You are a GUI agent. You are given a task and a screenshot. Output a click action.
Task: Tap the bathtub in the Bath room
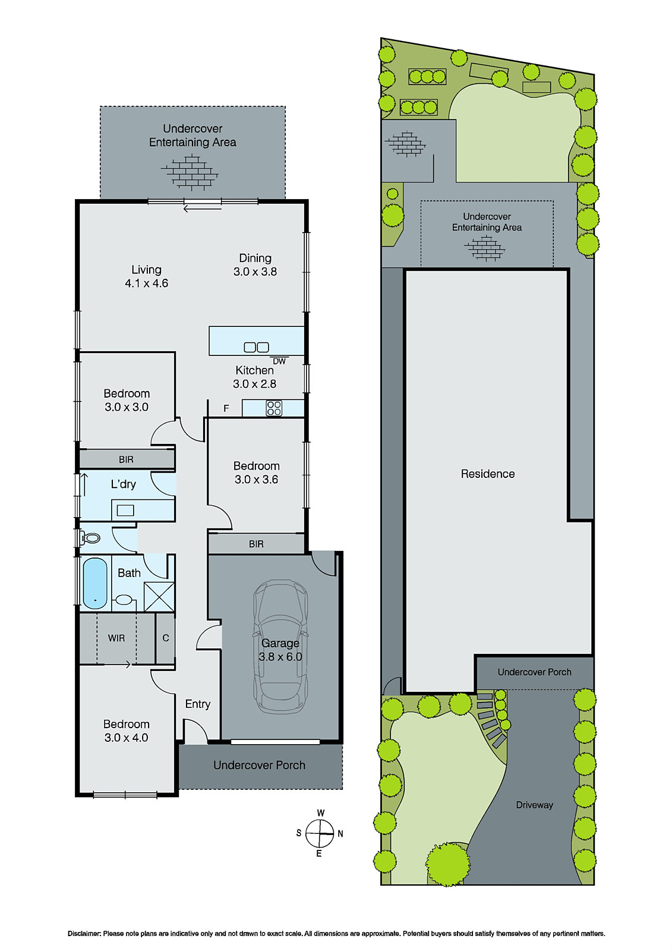click(x=95, y=583)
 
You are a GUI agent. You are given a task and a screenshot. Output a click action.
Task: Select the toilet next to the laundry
click(x=91, y=539)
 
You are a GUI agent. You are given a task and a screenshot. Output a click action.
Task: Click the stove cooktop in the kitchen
click(x=274, y=408)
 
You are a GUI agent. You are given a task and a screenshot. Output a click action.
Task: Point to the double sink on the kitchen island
click(x=257, y=347)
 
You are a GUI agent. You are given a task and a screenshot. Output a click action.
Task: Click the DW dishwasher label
click(x=279, y=361)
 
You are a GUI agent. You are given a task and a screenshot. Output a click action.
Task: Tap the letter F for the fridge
click(x=226, y=408)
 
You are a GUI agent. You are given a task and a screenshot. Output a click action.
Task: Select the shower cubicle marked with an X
click(x=159, y=597)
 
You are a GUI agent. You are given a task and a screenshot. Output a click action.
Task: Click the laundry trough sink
click(x=125, y=510)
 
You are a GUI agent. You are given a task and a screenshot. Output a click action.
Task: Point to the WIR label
click(x=116, y=638)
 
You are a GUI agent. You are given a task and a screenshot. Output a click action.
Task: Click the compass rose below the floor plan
click(x=320, y=833)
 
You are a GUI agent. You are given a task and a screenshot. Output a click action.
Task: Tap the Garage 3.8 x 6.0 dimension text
click(x=280, y=657)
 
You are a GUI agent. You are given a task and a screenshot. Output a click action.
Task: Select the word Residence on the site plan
click(x=488, y=474)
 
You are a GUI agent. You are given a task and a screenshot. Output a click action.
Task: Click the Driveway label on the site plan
click(x=534, y=805)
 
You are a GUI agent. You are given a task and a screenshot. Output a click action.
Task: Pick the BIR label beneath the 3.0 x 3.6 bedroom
click(x=256, y=544)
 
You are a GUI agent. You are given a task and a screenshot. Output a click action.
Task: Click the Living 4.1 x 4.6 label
click(x=146, y=276)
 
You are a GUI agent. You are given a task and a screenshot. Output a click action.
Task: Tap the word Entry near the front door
click(x=197, y=704)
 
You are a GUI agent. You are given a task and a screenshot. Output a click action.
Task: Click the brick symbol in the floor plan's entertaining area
click(x=190, y=172)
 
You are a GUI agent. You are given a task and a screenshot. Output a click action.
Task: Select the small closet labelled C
click(x=166, y=638)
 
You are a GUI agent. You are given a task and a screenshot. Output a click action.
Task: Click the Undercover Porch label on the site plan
click(x=534, y=672)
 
